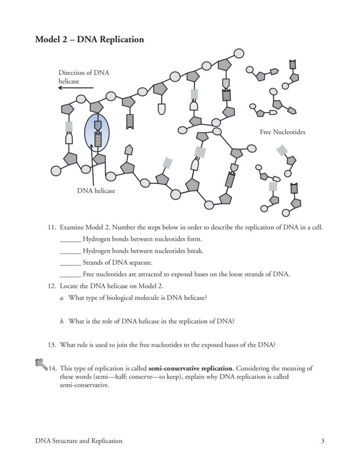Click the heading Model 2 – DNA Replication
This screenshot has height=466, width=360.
[x=89, y=39]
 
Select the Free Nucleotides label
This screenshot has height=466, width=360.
[x=282, y=132]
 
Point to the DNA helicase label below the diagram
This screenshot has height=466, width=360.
[x=96, y=191]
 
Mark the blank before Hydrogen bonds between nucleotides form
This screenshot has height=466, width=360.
[x=70, y=239]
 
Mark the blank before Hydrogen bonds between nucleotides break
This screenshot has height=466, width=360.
[x=70, y=251]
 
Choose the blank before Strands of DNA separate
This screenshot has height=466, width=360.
[x=70, y=263]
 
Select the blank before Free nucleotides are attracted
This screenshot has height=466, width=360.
[x=70, y=275]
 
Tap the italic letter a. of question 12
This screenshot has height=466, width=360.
[x=62, y=298]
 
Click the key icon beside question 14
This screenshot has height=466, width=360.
[x=41, y=364]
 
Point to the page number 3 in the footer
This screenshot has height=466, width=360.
[x=323, y=441]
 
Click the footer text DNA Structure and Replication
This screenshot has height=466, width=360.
[x=79, y=441]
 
